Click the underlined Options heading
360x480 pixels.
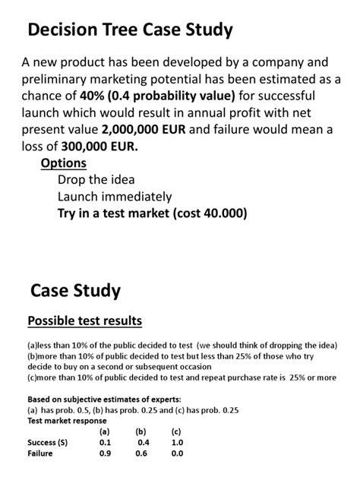point(63,163)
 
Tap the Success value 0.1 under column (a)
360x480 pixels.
point(105,442)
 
